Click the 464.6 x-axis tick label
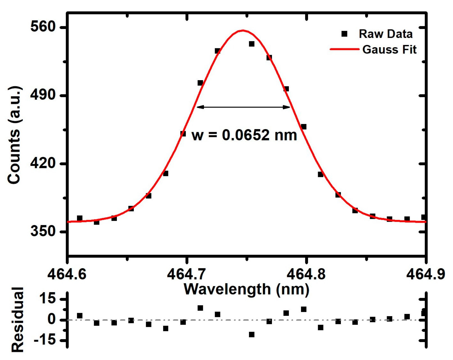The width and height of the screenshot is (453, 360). point(67,274)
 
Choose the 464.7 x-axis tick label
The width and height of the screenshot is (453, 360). point(186,274)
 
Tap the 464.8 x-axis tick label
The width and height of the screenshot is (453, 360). point(306,274)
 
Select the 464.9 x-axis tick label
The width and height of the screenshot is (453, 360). point(425,274)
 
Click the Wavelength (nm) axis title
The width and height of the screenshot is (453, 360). point(246,289)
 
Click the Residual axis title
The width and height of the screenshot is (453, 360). point(17,320)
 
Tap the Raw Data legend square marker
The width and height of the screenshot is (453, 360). point(344,34)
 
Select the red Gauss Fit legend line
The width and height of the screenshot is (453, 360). point(344,49)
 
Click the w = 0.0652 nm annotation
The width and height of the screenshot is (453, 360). point(244,135)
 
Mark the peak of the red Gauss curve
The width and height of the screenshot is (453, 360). point(243,30)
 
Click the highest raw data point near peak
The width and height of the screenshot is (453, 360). point(252,44)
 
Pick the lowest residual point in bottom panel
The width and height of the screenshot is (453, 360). point(252,334)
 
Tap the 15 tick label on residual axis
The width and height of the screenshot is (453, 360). point(47,298)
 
